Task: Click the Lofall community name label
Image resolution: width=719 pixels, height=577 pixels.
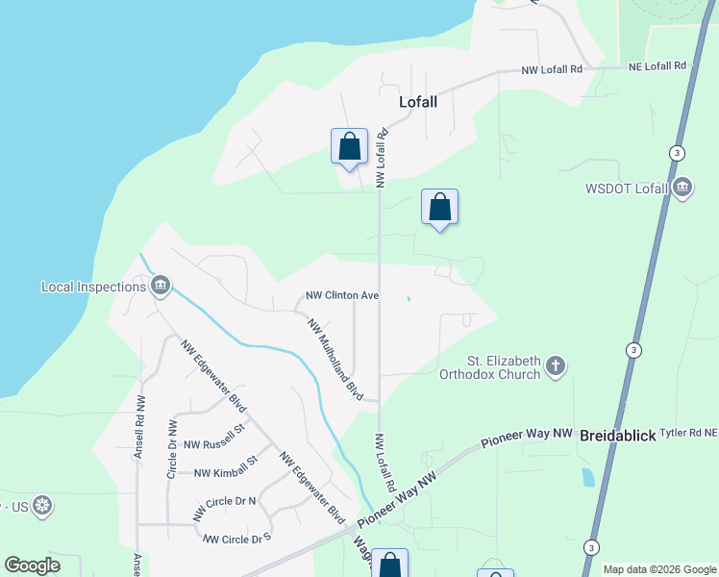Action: coord(418,101)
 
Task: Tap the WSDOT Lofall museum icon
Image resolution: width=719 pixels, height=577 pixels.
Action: coord(682,188)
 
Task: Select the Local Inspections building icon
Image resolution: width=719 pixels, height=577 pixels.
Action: coord(161,286)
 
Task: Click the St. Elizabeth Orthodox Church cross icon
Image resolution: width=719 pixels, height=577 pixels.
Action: coord(555,366)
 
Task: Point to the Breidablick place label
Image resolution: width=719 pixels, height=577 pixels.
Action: coord(618,436)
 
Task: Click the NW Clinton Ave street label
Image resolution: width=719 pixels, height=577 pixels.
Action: coord(341,296)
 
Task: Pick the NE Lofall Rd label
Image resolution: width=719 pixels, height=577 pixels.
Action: coord(660,66)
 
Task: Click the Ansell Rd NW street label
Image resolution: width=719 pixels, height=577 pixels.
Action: coord(140,426)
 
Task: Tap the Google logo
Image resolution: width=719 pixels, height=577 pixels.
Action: coord(33,565)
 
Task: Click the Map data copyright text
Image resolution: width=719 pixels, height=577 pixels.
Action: coord(659,569)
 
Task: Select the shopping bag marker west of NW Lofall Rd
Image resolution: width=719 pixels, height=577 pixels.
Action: coord(349,147)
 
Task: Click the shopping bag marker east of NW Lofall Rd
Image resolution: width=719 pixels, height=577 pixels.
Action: coord(439,207)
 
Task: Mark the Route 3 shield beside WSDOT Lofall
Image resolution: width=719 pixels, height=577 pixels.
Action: coord(678,153)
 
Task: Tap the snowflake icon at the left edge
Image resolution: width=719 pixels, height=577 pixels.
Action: coord(41,505)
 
